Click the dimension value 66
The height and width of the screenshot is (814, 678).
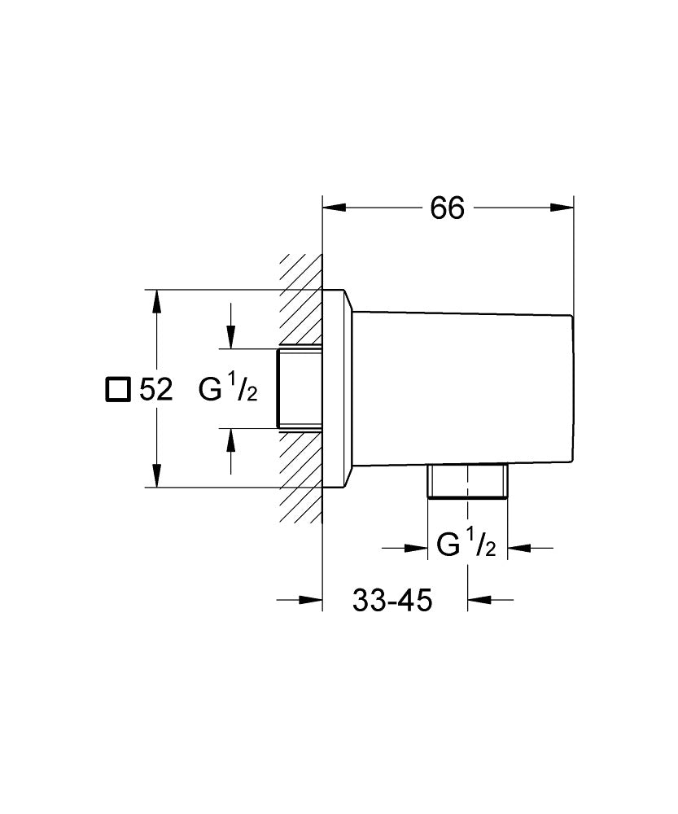pyautogui.click(x=447, y=208)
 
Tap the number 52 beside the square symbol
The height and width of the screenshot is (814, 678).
pyautogui.click(x=155, y=390)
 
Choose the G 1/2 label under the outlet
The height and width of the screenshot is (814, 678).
pyautogui.click(x=466, y=545)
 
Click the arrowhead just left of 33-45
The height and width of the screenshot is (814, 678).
pyautogui.click(x=313, y=601)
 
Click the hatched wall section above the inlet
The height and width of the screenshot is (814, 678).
pyautogui.click(x=300, y=301)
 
